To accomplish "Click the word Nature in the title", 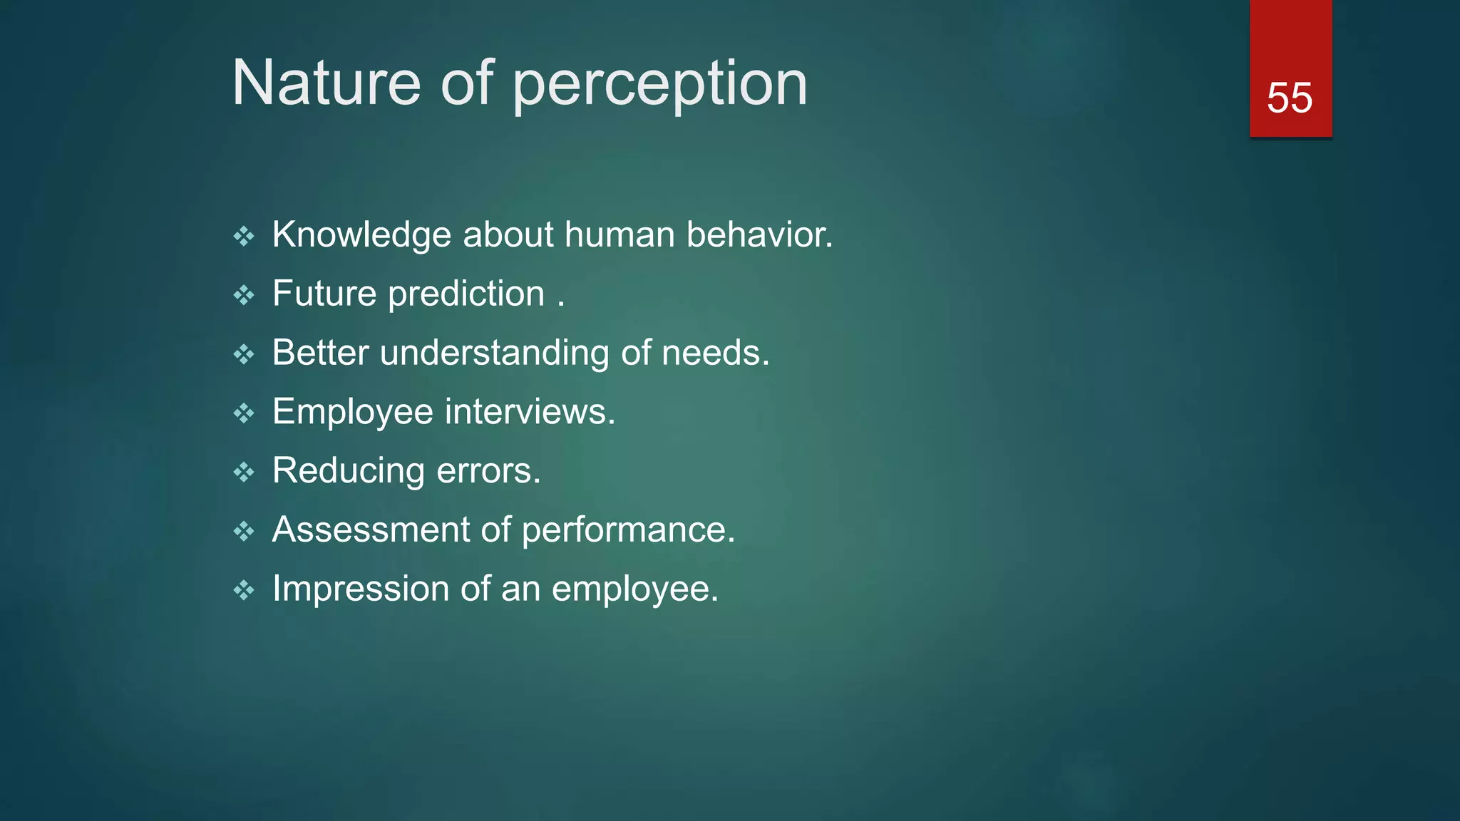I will [327, 83].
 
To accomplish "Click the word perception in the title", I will [659, 86].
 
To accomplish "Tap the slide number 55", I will [1289, 98].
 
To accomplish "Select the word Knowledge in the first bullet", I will [361, 235].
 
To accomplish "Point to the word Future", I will [324, 294].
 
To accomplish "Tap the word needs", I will [714, 353].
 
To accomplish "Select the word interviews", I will [529, 412].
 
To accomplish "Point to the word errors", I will [488, 471].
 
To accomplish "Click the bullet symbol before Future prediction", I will [244, 295].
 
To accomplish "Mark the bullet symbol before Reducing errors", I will [244, 472].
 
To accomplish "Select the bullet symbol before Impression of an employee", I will [244, 590].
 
